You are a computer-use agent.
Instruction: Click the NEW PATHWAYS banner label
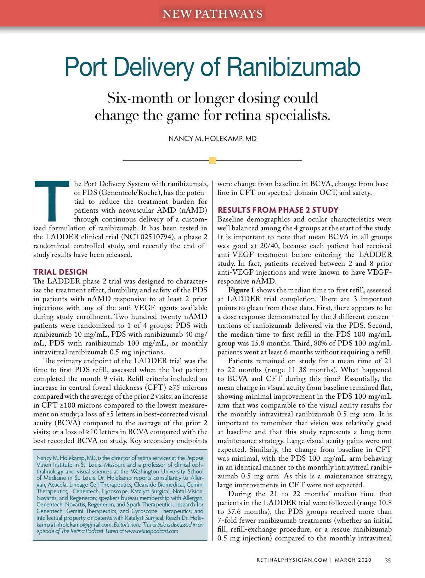[212, 14]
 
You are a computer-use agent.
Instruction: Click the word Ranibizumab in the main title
[293, 67]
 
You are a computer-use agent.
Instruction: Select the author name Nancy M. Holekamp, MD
[212, 139]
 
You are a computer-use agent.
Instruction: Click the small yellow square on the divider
[212, 161]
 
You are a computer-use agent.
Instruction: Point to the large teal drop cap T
[52, 201]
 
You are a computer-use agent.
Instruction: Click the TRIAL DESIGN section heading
[61, 272]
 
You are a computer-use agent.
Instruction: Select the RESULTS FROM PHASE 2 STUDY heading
[278, 210]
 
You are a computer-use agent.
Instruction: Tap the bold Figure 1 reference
[241, 290]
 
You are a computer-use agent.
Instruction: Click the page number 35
[388, 560]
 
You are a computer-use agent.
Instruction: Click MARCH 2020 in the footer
[353, 560]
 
